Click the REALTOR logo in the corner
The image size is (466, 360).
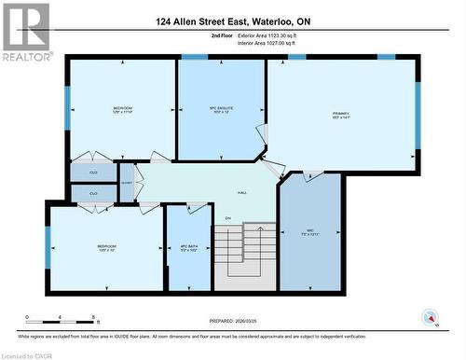tap(25, 32)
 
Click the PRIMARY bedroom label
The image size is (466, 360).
tap(340, 117)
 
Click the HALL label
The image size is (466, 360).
tap(241, 192)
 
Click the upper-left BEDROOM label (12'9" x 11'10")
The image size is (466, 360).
tap(123, 109)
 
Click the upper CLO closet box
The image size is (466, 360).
tap(94, 173)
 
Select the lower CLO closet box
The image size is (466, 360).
tap(94, 193)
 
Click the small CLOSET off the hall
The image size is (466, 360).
tap(127, 183)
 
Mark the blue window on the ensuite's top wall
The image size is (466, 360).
tap(194, 57)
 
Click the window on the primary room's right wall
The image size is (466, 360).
tap(418, 116)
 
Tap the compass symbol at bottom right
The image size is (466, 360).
tap(430, 315)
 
